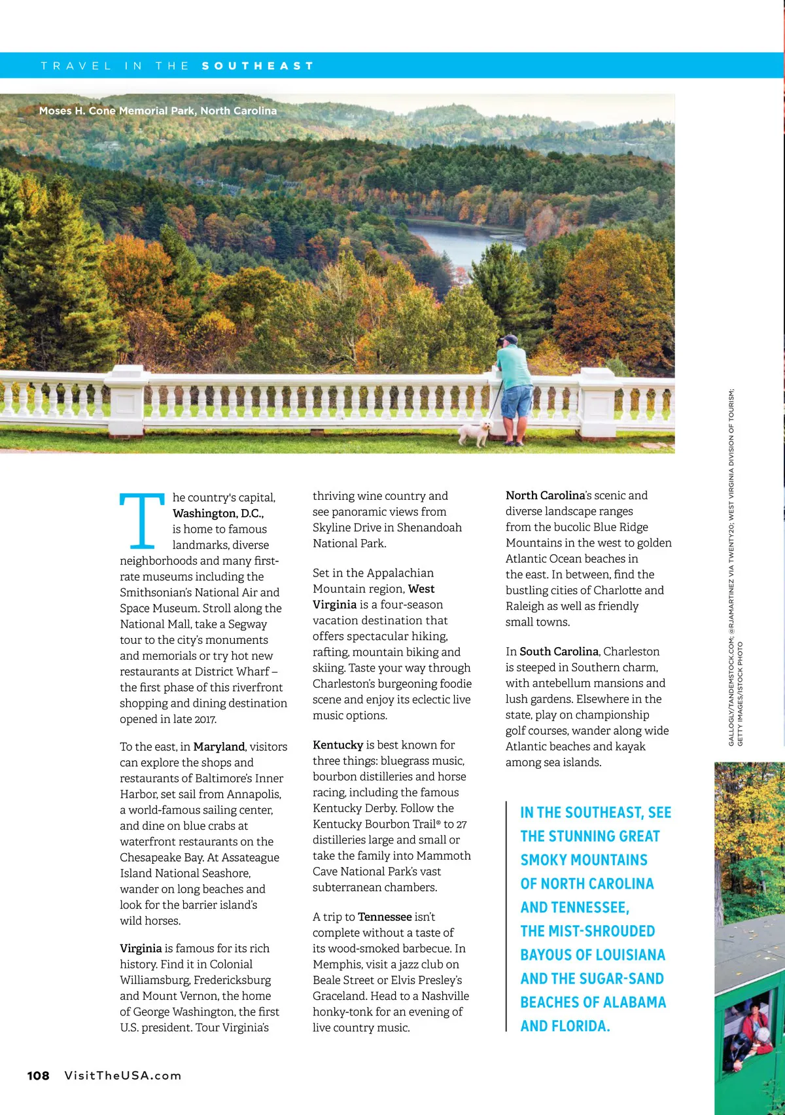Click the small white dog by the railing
click(x=476, y=433)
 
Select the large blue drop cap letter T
click(x=141, y=521)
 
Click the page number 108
click(x=38, y=1076)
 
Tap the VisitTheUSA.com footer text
click(x=122, y=1076)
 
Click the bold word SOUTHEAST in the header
click(x=258, y=66)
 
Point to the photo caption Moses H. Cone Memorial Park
click(x=158, y=111)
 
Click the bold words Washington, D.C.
click(x=218, y=514)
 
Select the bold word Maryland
click(x=218, y=747)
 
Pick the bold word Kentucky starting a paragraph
click(x=338, y=745)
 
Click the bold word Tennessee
click(x=385, y=917)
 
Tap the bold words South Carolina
click(x=559, y=652)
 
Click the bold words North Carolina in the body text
click(x=545, y=495)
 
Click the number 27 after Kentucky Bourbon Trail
click(x=462, y=824)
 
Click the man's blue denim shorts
click(x=516, y=401)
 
